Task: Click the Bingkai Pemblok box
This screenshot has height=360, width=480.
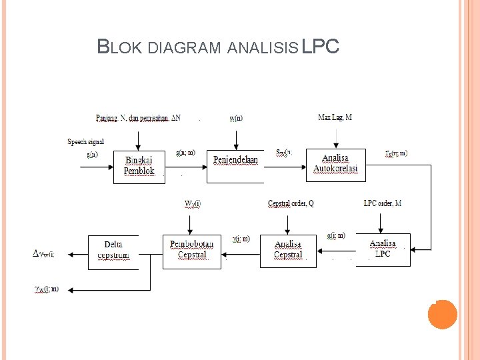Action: pos(139,166)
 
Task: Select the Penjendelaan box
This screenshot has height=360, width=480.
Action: pos(235,165)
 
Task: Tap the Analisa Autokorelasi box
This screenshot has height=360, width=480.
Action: pos(336,164)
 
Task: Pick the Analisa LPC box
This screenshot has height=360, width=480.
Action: pos(383,249)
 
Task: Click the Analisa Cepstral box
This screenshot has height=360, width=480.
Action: pos(288,250)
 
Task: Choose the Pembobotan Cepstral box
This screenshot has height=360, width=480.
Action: pos(192,250)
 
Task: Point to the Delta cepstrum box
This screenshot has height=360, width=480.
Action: pos(113,251)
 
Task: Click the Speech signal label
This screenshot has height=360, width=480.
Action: pos(85,141)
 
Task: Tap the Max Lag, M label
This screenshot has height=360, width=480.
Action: pos(335,118)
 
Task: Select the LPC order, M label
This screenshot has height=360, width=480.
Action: pos(383,203)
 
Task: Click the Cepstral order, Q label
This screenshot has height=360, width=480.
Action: pos(291,203)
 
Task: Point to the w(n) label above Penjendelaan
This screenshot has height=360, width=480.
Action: pos(236,119)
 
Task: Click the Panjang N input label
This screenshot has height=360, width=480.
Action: pos(137,119)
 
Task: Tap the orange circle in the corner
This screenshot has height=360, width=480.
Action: pos(442,314)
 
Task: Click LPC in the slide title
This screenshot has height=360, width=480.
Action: pos(321,47)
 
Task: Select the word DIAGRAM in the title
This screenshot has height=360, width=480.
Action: pos(183,48)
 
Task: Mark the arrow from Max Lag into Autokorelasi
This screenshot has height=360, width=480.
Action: pos(336,138)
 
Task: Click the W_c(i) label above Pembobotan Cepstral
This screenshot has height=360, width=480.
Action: pos(192,203)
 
